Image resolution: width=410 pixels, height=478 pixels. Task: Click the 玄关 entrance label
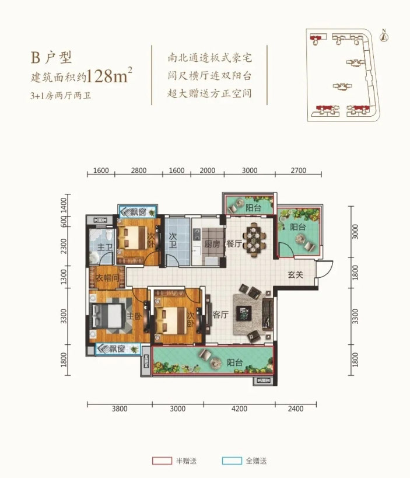pos(295,275)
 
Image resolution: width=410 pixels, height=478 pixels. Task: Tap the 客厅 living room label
pos(219,314)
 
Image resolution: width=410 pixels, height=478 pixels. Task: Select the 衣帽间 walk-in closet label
pos(107,278)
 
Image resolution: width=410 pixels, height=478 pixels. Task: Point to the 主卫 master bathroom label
pos(104,248)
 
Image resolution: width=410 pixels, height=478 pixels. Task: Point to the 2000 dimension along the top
pos(207,170)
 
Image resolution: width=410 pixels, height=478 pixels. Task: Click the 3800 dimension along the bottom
pos(119,409)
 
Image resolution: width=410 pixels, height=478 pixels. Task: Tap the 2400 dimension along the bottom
pos(296,409)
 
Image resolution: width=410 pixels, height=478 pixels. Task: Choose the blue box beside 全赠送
pos(232,461)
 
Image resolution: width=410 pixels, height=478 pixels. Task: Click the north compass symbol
pos(383,37)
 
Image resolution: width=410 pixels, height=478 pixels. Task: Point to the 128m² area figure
pos(109,76)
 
